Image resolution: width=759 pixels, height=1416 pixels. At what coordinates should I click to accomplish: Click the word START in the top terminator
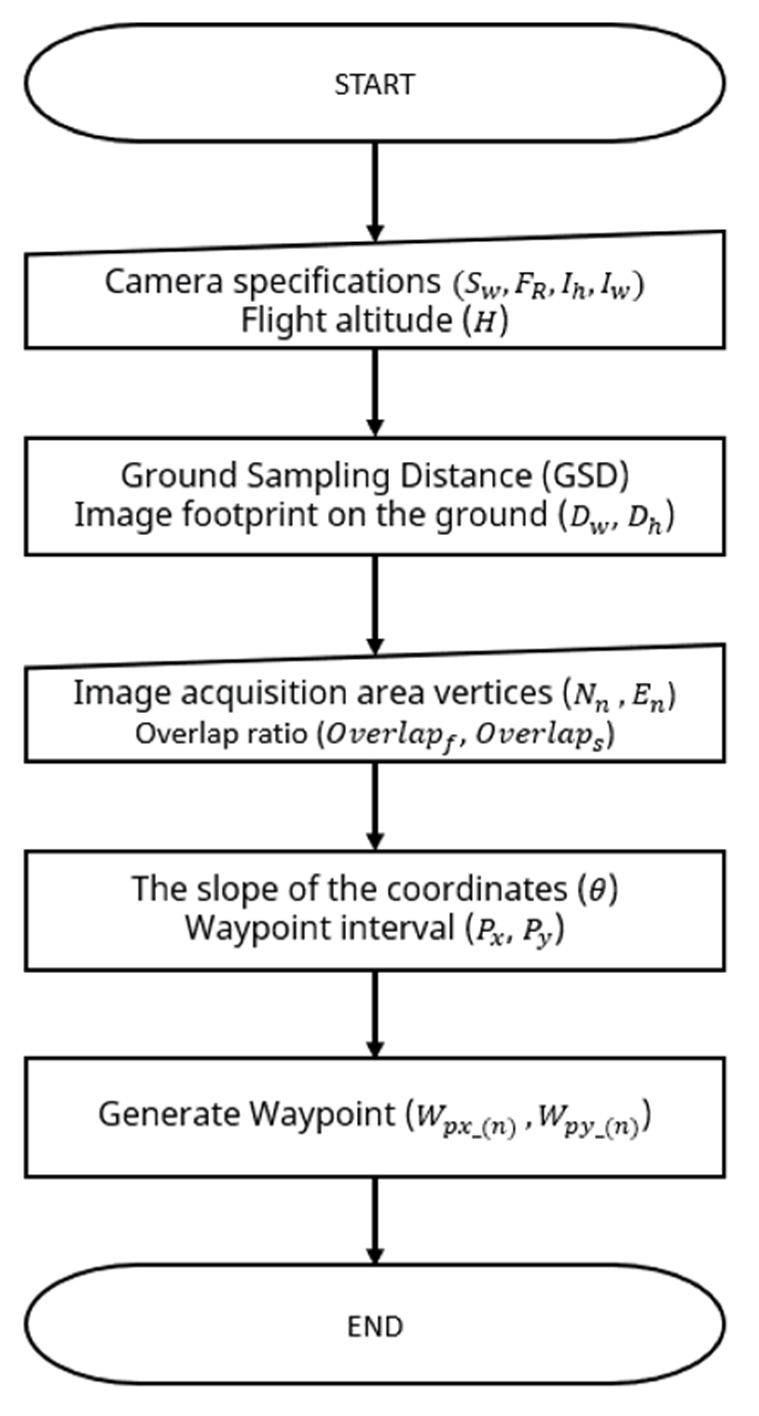click(374, 85)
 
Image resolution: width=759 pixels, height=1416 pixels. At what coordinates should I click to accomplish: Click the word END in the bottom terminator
click(375, 1326)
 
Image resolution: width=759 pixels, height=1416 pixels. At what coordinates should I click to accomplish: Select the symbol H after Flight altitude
click(485, 321)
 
